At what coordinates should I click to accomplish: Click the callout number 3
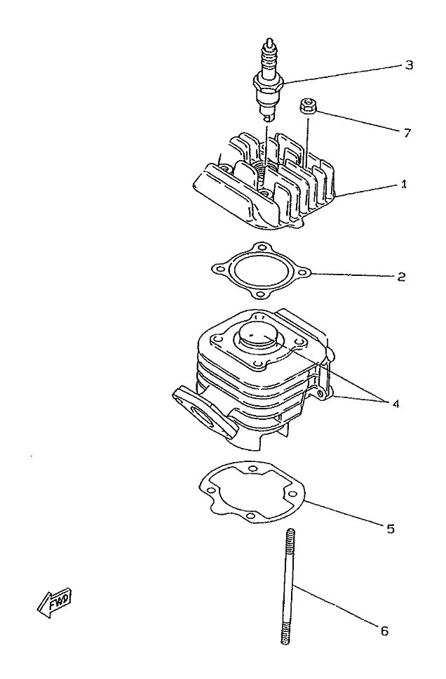[x=409, y=65]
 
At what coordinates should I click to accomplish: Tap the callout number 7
[x=407, y=133]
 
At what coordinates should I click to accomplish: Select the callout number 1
[x=403, y=185]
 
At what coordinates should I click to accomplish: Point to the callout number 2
[x=401, y=276]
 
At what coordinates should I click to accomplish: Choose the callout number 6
[x=384, y=631]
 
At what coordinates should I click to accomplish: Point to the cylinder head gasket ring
[x=261, y=271]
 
